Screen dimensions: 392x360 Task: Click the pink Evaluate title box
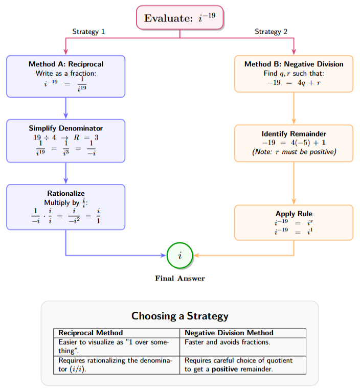179,18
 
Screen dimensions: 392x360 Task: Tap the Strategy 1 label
88,32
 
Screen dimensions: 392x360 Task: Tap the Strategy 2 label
271,32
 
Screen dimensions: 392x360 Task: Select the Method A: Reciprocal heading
66,64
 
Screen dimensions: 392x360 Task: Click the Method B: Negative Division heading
294,64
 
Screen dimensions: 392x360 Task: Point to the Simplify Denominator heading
66,128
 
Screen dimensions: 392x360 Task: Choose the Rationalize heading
66,193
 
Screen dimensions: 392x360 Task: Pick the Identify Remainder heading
294,134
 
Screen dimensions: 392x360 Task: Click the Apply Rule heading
294,214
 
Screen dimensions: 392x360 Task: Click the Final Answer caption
180,279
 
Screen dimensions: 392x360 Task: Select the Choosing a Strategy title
180,316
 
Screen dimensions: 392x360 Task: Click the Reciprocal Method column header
91,333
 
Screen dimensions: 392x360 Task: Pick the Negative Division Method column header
229,333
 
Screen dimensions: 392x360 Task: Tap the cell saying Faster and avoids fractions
228,342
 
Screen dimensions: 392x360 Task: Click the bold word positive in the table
226,369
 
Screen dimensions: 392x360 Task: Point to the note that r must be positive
294,152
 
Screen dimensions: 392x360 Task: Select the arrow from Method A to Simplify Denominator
66,108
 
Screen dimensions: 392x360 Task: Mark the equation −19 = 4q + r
294,82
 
